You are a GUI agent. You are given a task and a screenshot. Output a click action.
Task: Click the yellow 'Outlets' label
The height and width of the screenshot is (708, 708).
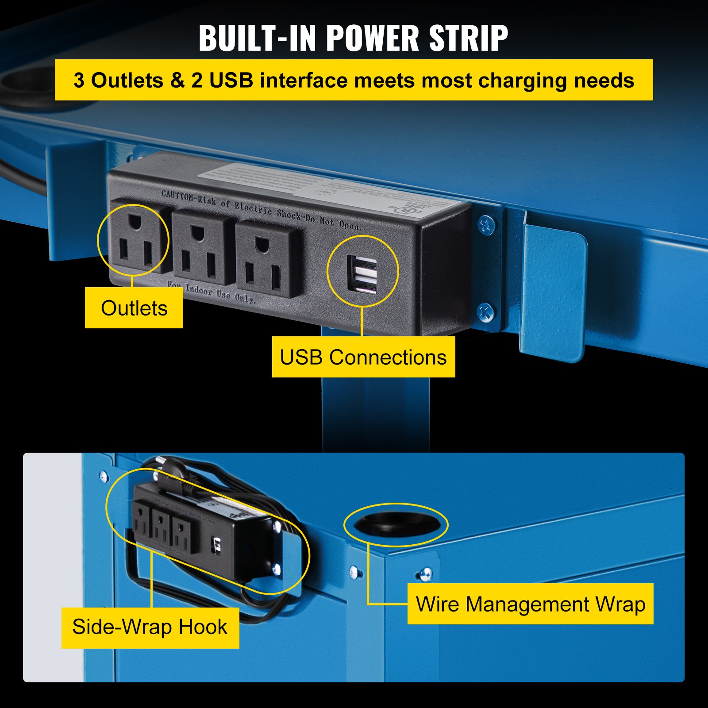pos(134,308)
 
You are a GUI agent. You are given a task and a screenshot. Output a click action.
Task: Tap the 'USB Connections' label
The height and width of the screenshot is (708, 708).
pos(363,357)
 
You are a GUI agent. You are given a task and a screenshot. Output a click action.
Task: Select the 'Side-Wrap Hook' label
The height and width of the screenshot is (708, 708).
pos(150,627)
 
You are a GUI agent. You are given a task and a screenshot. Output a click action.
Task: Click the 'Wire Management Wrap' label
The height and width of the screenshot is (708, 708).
pos(530,604)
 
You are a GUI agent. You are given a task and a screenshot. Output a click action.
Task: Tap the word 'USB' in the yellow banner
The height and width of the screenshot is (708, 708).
pos(231,81)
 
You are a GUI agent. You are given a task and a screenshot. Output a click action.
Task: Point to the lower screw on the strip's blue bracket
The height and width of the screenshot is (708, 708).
pos(486,312)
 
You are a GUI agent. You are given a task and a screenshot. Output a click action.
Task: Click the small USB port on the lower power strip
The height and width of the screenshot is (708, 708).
pos(217,544)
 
